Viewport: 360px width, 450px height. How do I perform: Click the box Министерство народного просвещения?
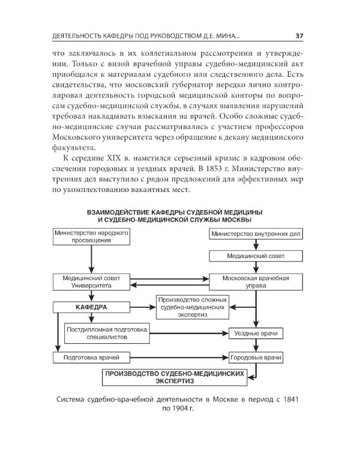click(x=91, y=236)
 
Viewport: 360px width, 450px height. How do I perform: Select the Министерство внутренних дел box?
click(x=256, y=234)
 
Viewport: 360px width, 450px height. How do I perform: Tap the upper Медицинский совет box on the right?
click(x=256, y=256)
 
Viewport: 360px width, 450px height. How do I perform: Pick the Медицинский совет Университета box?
click(x=91, y=283)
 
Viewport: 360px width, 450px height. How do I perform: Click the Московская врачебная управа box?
click(x=256, y=283)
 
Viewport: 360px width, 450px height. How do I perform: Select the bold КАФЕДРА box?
click(x=91, y=307)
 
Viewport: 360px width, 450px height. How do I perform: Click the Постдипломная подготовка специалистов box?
click(x=106, y=332)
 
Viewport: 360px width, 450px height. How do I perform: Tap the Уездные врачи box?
click(x=256, y=333)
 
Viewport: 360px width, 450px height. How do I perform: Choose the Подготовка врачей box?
click(x=91, y=358)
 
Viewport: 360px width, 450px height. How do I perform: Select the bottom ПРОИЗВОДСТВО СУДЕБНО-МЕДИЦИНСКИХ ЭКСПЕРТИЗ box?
click(x=175, y=377)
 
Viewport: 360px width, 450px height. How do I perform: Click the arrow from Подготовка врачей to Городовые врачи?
click(x=180, y=358)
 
